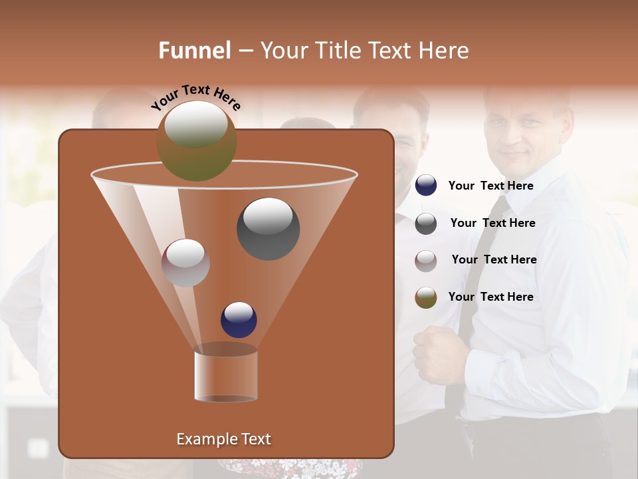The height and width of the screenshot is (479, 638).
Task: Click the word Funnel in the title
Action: tap(194, 51)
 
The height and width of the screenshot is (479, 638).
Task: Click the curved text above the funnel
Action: tap(195, 98)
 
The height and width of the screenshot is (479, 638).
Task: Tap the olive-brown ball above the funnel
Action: tap(196, 140)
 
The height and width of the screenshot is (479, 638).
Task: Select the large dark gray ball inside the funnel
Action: tap(268, 228)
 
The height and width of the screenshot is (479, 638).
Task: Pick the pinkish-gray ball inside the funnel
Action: tap(185, 263)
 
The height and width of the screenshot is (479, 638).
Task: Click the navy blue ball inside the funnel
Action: tap(239, 319)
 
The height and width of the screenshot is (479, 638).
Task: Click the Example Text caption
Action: tap(223, 439)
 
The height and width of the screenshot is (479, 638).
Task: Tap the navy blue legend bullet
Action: tap(426, 186)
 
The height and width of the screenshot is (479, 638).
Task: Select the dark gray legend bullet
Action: tap(426, 224)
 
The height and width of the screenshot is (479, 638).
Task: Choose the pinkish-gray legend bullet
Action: tap(426, 261)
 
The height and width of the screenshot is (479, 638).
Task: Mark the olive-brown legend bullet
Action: tap(426, 297)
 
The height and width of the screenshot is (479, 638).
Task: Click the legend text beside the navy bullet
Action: tap(490, 186)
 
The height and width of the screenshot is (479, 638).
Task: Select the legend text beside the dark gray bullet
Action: tap(492, 223)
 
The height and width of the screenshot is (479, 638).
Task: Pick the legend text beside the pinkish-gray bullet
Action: tap(494, 259)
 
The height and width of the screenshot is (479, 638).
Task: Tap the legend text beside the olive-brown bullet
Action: tap(490, 297)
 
